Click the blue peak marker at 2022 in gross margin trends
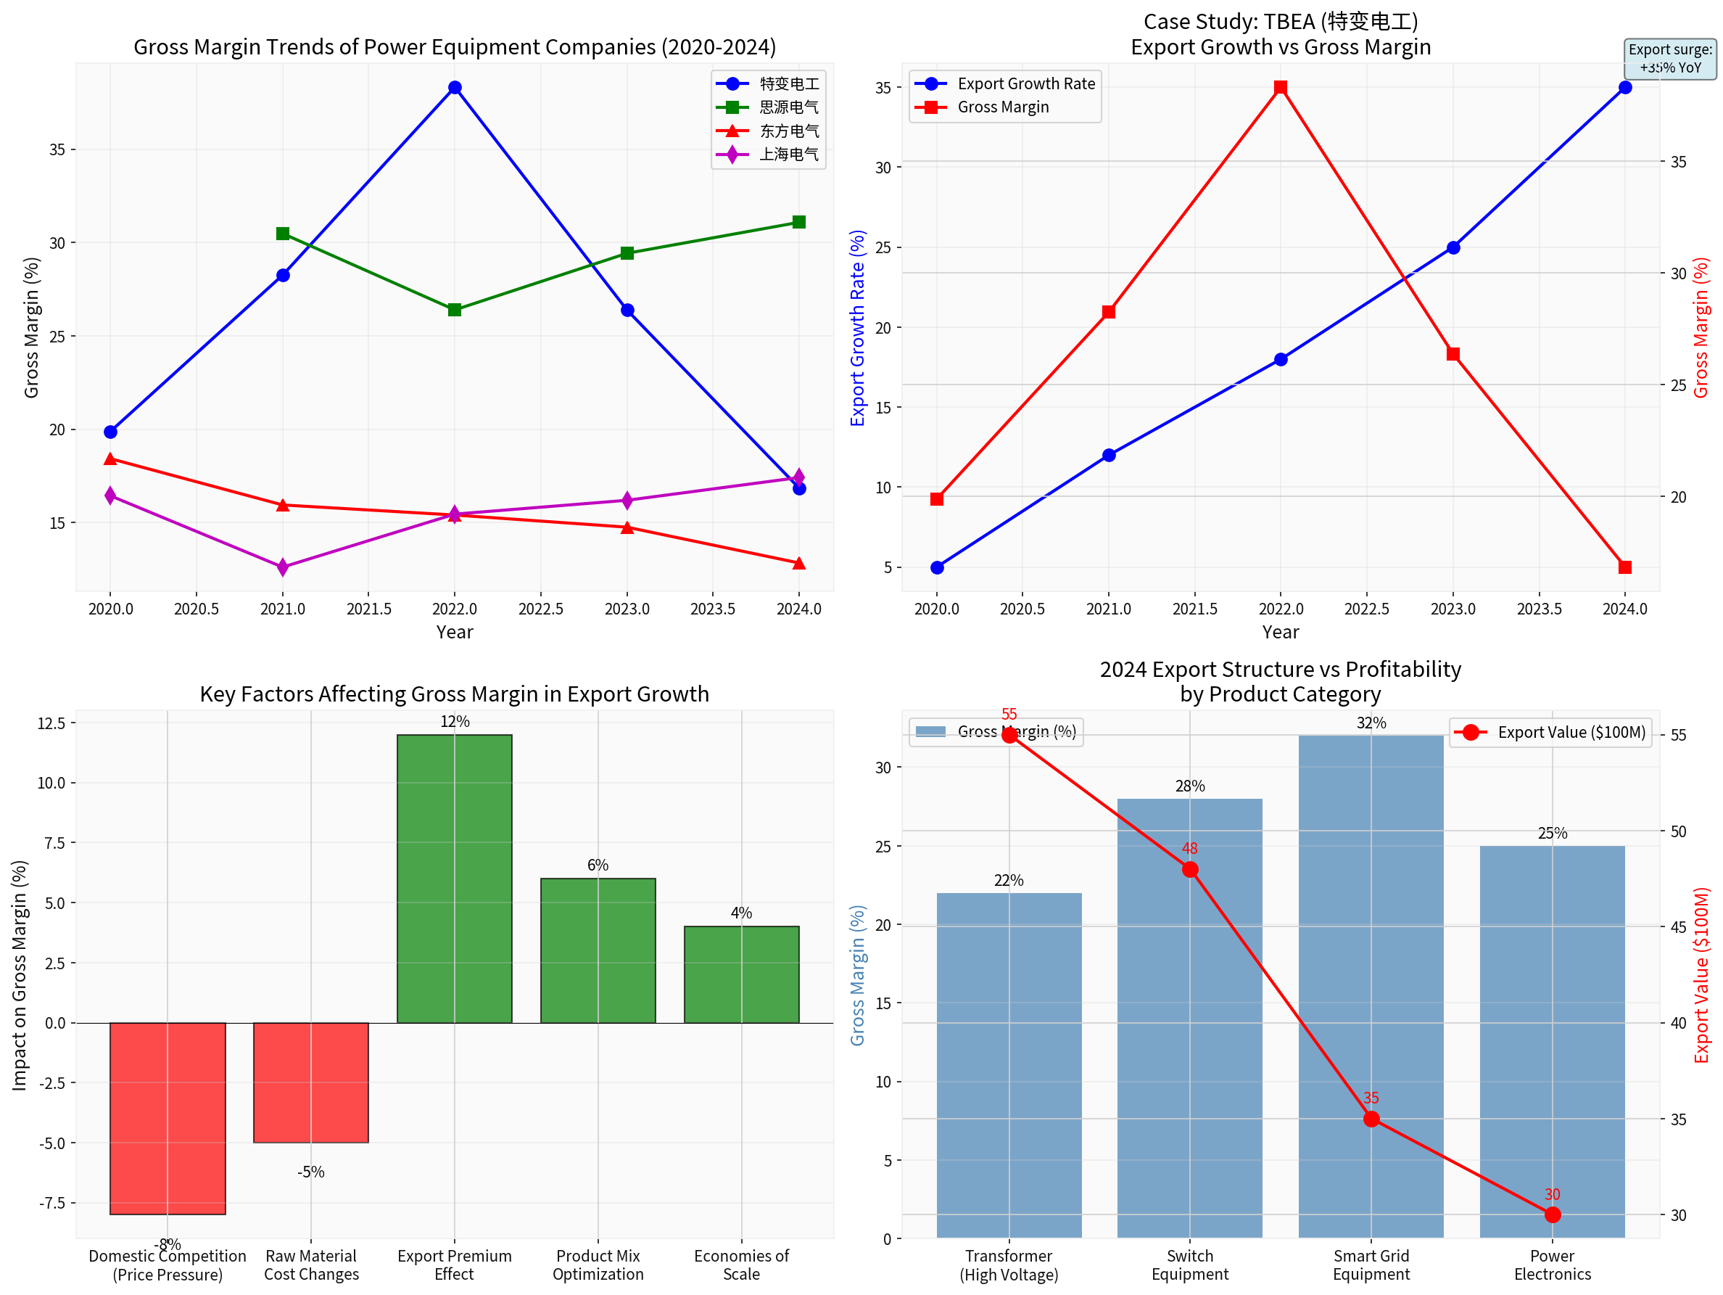[x=455, y=87]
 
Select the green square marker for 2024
[x=798, y=222]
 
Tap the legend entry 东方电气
[x=788, y=131]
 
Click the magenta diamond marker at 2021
[x=283, y=567]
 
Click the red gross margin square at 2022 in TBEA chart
[x=1281, y=87]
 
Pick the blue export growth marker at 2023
[x=1453, y=248]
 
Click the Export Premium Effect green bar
[x=455, y=878]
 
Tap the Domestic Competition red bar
[x=168, y=1117]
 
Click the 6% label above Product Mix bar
[x=598, y=865]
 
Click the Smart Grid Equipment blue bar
[x=1371, y=986]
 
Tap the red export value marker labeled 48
[x=1189, y=870]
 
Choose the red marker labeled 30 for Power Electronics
[x=1553, y=1214]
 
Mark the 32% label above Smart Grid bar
[x=1371, y=723]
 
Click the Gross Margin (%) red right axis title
[x=1701, y=327]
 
